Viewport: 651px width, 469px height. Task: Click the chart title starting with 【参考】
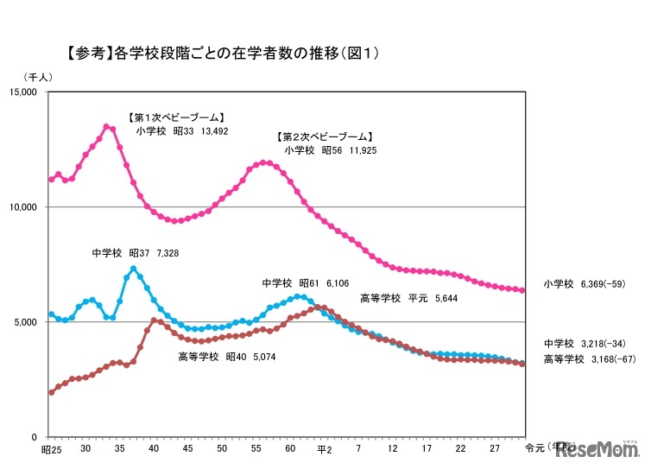224,54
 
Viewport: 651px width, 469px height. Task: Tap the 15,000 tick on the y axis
27,92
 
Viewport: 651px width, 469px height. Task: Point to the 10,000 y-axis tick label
27,207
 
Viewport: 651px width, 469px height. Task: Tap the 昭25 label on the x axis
51,451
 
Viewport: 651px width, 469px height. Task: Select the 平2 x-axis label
324,451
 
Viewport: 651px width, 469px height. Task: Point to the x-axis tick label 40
153,451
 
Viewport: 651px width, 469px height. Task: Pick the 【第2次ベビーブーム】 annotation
325,136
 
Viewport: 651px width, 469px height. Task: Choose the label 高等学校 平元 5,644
408,299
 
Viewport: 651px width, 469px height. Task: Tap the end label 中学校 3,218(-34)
588,342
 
